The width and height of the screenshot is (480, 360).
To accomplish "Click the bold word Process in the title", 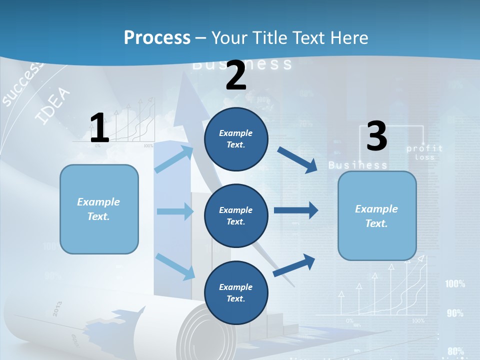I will coord(157,38).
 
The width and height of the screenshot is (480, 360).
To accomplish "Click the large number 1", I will coord(99,128).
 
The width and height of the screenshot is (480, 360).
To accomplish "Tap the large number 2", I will coord(236,75).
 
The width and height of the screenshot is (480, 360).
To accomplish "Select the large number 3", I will coord(376,136).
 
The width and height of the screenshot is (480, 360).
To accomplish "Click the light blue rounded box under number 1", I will coord(99,209).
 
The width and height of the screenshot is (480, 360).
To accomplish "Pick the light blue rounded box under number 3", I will coord(377,215).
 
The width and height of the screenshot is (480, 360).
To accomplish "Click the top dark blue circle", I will coord(236,139).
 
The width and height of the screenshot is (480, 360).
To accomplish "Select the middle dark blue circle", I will coord(236,215).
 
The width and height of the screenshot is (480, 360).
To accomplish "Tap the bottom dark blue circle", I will coord(236,292).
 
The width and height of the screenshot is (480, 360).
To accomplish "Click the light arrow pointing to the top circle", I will coord(174,158).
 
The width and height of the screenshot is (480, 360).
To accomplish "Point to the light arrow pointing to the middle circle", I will coord(174,211).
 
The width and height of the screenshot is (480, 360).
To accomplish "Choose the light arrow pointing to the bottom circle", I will coord(175,266).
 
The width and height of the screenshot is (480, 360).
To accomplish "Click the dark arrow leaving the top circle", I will coord(297,159).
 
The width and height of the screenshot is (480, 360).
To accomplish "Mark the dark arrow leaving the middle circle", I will coord(295,210).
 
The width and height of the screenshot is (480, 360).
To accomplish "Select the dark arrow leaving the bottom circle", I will coord(294,265).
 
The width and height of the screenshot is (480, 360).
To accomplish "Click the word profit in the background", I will coord(424,148).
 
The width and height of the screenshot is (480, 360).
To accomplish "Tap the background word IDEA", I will coord(53,106).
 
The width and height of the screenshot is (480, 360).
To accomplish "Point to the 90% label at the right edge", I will coord(455,313).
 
